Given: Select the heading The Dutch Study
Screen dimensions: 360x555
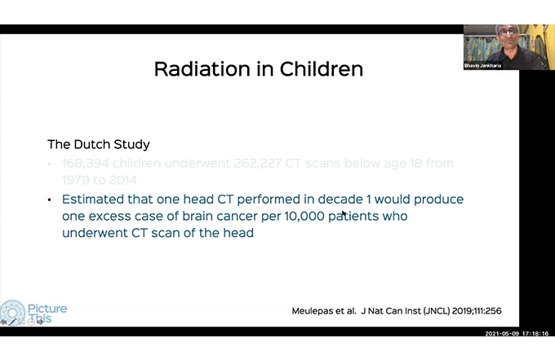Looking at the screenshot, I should click(98, 144).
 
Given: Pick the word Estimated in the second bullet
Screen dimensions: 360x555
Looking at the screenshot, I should click(97, 200).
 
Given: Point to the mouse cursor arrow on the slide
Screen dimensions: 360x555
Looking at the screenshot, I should click(344, 214).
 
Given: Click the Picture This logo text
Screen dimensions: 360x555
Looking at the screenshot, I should click(48, 314).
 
